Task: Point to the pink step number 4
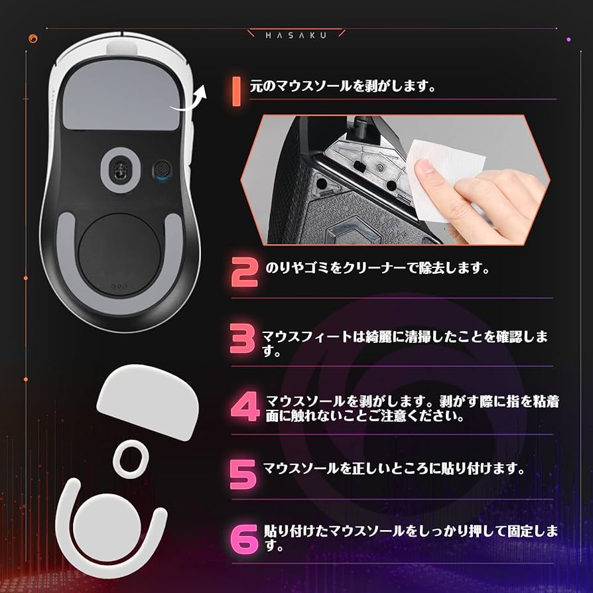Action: click(246, 407)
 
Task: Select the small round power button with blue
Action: click(161, 168)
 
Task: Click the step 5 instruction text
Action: click(394, 468)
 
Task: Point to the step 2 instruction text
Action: click(377, 269)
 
